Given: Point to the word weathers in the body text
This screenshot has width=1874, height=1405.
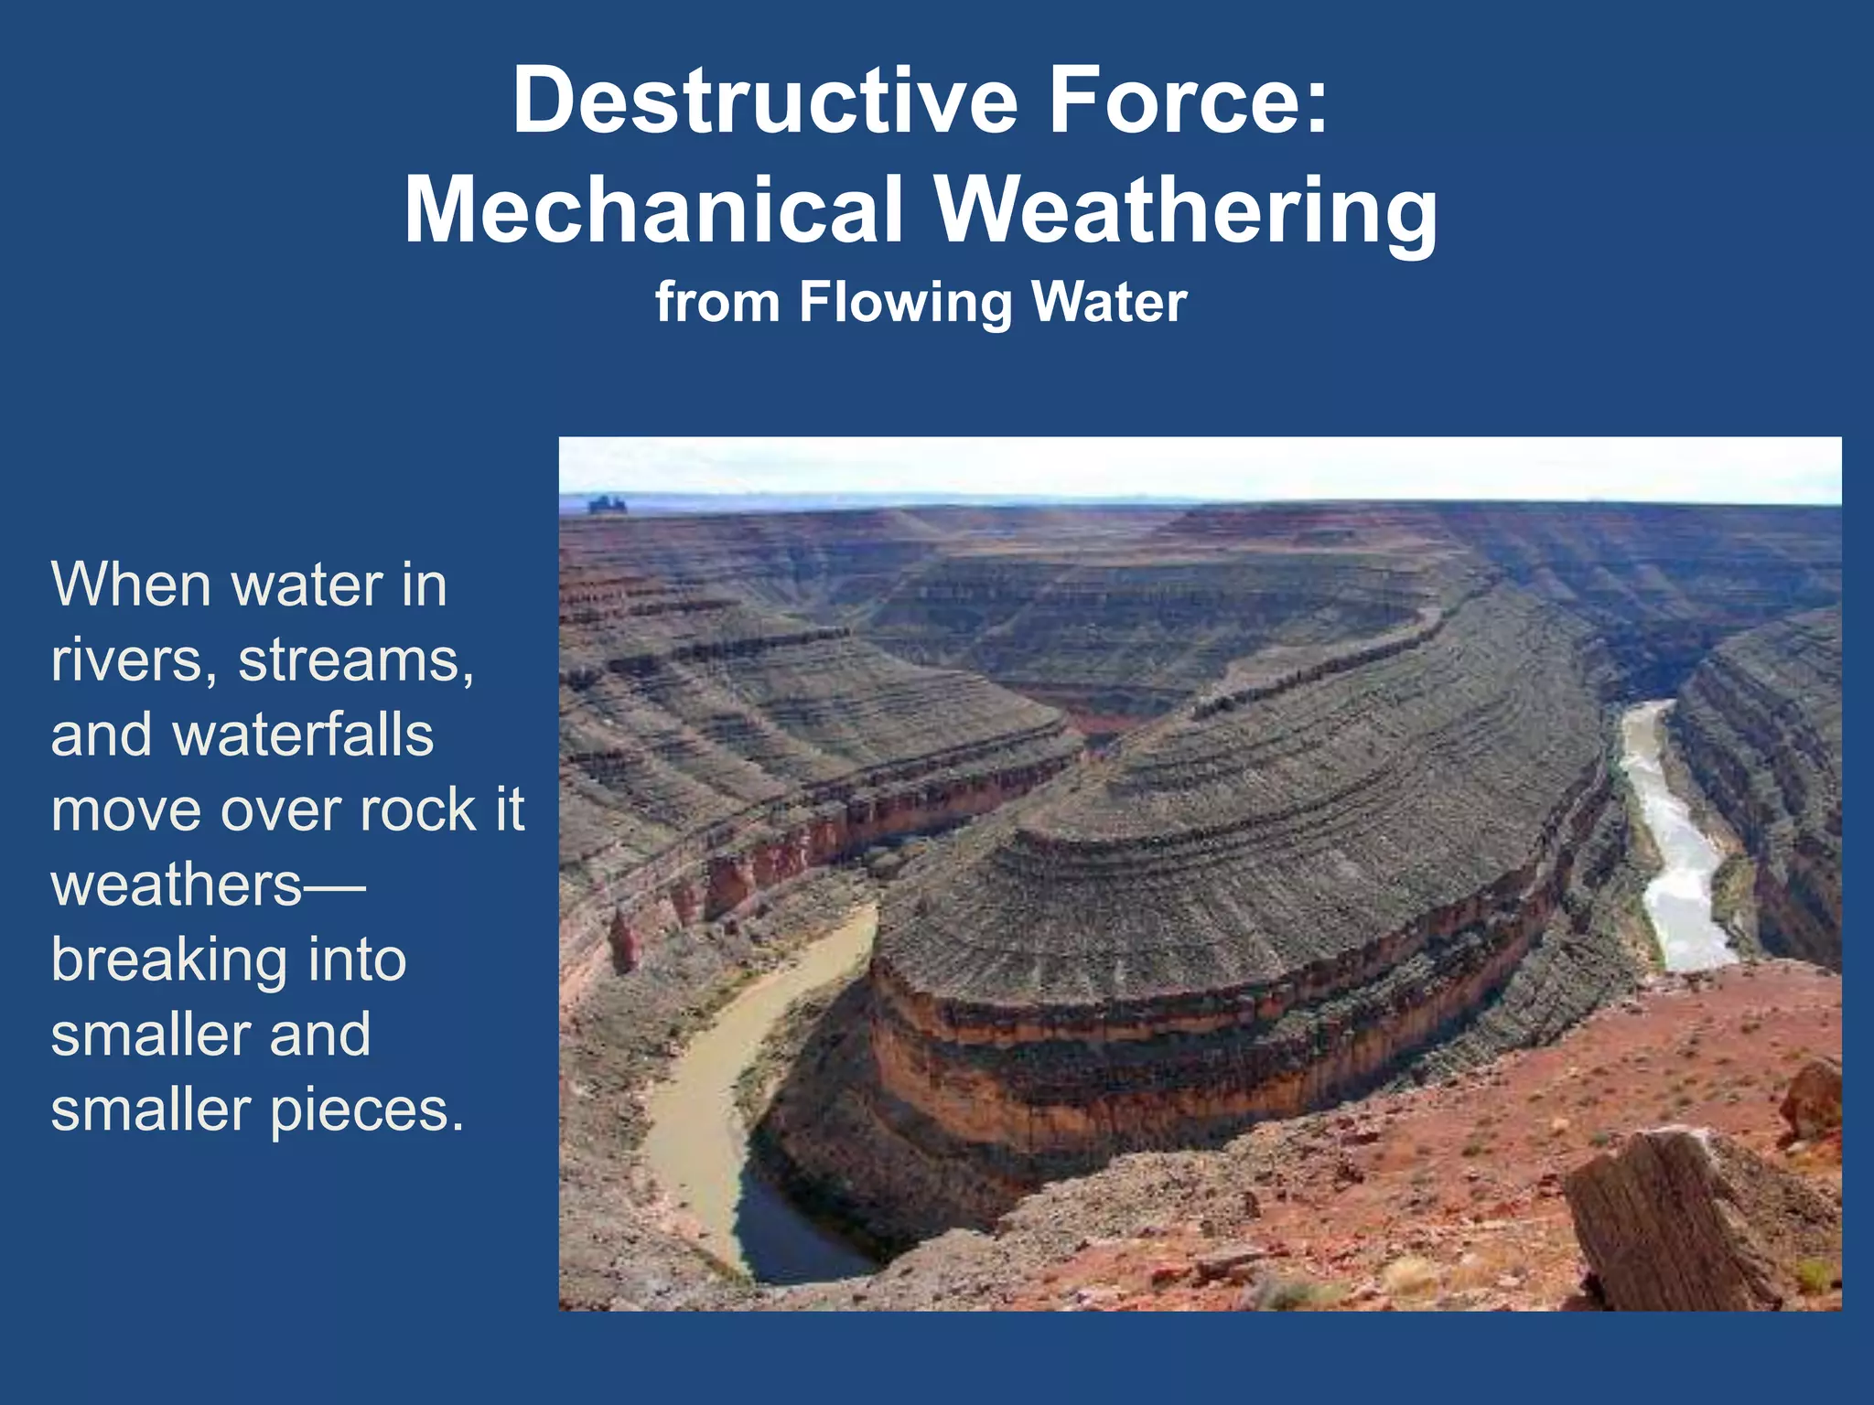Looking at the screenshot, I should [176, 885].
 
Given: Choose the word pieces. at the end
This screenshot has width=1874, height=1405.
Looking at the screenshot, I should [367, 1110].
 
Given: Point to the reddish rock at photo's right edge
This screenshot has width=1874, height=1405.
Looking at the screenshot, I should [1812, 1098].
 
